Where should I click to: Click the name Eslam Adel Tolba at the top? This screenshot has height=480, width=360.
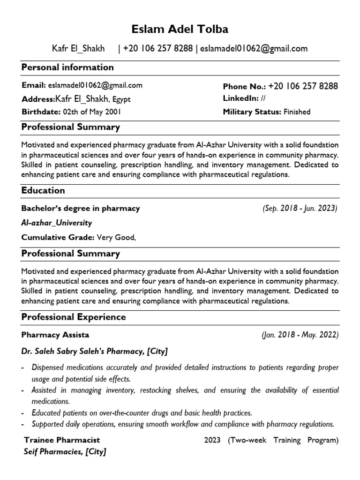pos(180,30)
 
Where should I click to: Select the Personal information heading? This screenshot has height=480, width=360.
pos(67,67)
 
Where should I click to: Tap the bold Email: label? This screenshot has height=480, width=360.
pos(34,85)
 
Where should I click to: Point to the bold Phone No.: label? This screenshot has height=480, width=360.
pos(244,86)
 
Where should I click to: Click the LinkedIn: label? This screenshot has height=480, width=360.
pos(241,98)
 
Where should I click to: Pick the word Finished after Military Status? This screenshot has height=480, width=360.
pos(297,112)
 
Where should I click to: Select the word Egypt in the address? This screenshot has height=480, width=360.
pos(121,99)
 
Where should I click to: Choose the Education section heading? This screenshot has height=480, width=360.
pos(43,190)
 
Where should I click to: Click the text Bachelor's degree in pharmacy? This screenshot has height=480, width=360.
pos(81,208)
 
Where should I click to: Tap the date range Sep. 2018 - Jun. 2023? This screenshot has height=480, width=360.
pos(300,208)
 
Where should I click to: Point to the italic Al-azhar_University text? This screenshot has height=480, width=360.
pos(57,223)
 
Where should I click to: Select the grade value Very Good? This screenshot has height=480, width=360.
pos(116,238)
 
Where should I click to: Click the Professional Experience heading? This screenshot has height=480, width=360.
pos(74,317)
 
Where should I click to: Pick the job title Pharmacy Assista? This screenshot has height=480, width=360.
pos(55,335)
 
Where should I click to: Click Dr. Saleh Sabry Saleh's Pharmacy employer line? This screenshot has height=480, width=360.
pos(94,351)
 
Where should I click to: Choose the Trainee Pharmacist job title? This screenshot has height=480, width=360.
pos(62,440)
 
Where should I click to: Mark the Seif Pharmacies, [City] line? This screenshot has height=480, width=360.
pos(65,452)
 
